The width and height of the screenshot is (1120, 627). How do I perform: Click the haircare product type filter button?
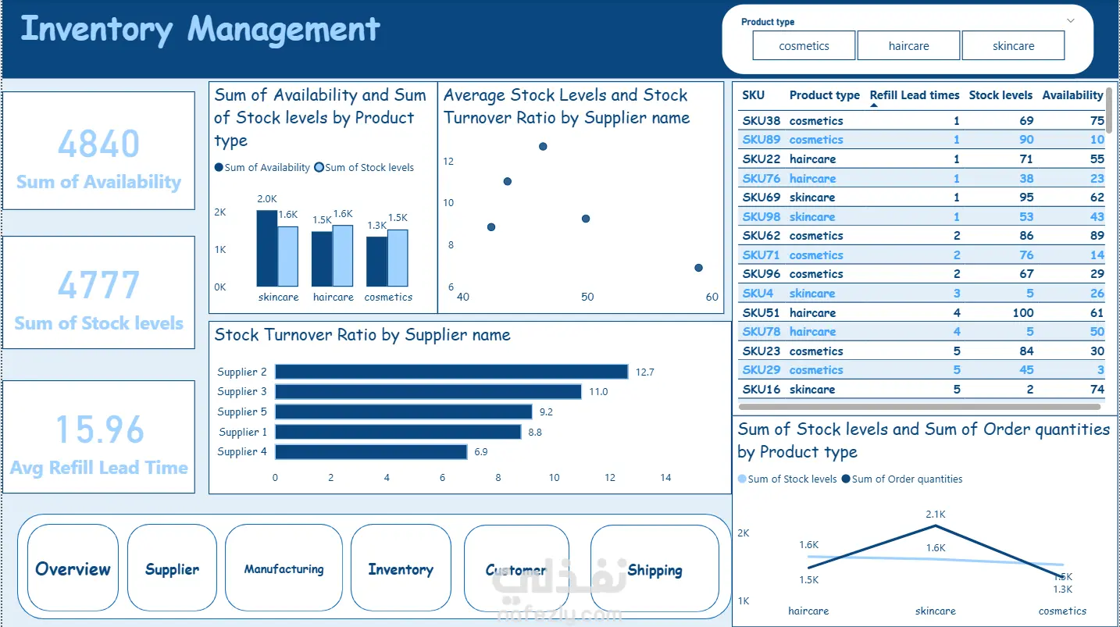coord(908,45)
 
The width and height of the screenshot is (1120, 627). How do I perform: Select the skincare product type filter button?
coord(1013,45)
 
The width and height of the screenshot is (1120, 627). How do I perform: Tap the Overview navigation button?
coord(73,568)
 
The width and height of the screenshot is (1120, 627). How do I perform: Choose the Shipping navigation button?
coord(655,569)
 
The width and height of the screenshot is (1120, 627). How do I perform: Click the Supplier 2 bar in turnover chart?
coord(451,372)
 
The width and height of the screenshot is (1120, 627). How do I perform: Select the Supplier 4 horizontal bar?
coord(371,451)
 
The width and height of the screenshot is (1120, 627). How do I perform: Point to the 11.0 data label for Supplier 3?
coord(598,391)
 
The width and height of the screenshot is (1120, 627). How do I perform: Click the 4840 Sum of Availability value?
coord(98,144)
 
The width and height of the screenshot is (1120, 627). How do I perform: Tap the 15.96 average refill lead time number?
coord(100,429)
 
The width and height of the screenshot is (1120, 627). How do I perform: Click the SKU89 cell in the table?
coord(761,140)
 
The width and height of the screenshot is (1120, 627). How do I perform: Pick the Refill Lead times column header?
coord(915,95)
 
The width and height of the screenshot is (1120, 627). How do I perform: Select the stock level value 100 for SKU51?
coord(1023,312)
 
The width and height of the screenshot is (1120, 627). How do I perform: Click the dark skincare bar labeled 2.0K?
coord(267,248)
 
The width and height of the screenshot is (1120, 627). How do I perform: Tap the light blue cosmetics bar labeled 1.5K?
coord(398,258)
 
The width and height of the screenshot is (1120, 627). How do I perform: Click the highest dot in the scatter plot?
coord(543,147)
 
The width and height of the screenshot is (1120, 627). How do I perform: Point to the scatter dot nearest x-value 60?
coord(698,268)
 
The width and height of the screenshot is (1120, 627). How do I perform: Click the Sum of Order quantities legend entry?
coord(902,479)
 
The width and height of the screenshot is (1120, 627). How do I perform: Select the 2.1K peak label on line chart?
coord(936,514)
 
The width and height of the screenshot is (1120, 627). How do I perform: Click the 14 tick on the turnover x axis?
coord(665,478)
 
